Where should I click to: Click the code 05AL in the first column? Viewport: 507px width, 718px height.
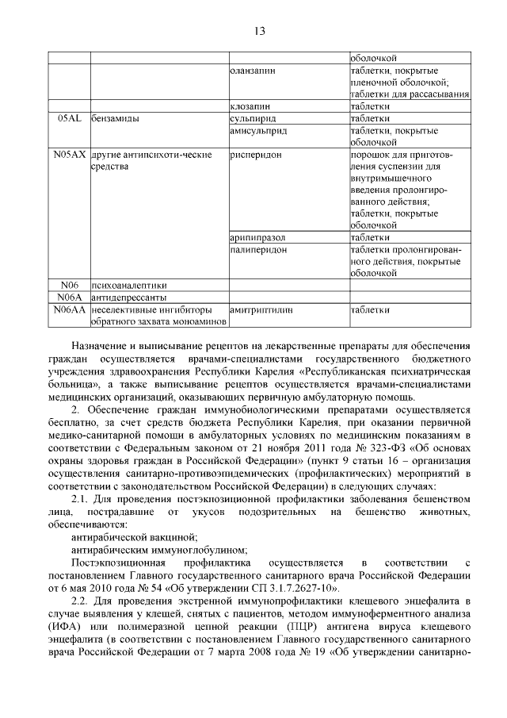[x=70, y=117]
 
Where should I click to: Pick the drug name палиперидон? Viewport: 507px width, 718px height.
[x=258, y=249]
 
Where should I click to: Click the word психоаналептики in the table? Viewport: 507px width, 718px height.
[x=129, y=285]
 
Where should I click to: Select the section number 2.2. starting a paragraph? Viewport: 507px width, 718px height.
[x=82, y=602]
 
